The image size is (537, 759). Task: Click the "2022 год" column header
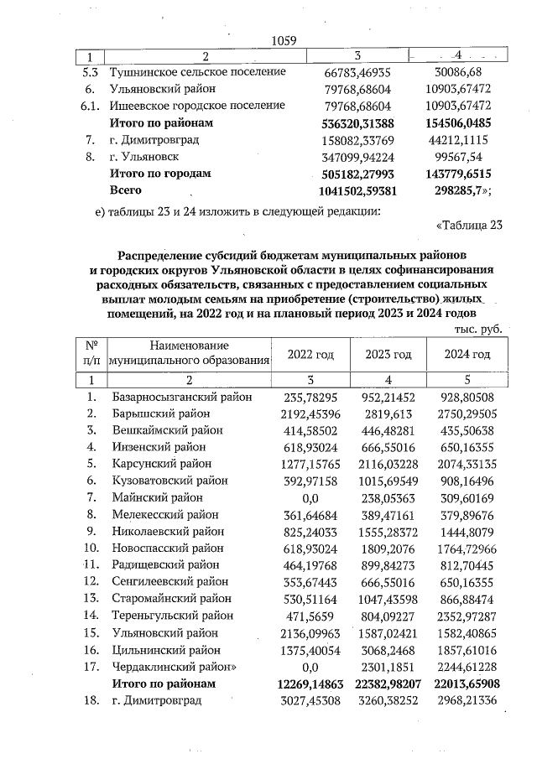tap(310, 355)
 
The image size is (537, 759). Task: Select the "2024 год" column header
tap(467, 355)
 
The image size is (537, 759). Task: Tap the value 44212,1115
tap(458, 140)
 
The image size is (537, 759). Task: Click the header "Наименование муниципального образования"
tap(190, 355)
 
